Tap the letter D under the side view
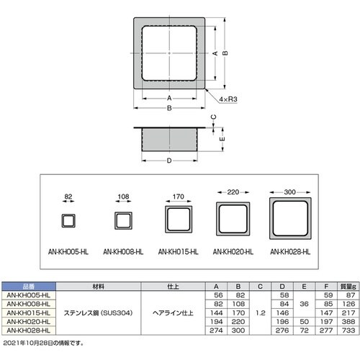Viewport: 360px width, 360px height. [x=169, y=161]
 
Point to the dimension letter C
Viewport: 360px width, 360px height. [x=213, y=118]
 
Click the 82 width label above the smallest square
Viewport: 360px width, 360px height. [x=69, y=195]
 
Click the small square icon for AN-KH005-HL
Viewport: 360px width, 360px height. [x=69, y=220]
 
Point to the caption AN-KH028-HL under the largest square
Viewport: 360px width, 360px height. [x=290, y=252]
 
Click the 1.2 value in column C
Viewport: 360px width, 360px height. [x=259, y=312]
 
